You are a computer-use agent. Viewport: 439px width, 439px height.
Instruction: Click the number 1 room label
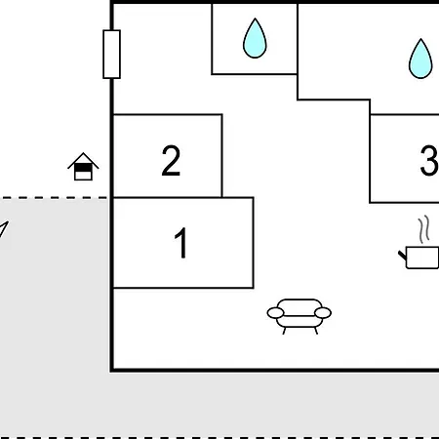[180, 243]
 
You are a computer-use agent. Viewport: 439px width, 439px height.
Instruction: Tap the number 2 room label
[171, 160]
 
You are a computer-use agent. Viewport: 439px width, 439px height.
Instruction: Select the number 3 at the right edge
[429, 160]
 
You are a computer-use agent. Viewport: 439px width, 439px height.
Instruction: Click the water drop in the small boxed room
[255, 38]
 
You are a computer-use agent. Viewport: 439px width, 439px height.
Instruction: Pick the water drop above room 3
[420, 59]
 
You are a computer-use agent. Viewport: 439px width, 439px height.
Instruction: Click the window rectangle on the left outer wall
[111, 54]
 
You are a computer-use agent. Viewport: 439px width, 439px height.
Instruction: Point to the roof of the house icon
[83, 160]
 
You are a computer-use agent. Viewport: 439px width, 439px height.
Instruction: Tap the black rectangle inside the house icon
[83, 168]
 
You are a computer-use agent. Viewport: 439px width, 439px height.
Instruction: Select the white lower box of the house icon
[83, 176]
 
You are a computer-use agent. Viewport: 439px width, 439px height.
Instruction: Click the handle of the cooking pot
[403, 256]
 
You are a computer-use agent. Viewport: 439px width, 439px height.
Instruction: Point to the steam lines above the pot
[423, 229]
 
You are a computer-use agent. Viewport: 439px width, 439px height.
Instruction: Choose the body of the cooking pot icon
[422, 258]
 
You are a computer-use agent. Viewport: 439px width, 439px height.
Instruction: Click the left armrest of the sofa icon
[275, 313]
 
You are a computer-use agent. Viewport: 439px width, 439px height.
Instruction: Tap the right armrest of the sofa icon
[323, 313]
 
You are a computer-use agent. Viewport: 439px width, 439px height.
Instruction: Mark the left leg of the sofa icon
[285, 331]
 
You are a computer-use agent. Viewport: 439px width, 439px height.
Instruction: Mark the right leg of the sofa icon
[315, 331]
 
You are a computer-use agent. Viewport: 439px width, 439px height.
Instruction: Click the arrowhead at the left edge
[3, 229]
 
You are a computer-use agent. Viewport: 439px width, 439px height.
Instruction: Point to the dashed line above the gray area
[54, 197]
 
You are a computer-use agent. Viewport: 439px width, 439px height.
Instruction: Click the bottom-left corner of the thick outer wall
[112, 370]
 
